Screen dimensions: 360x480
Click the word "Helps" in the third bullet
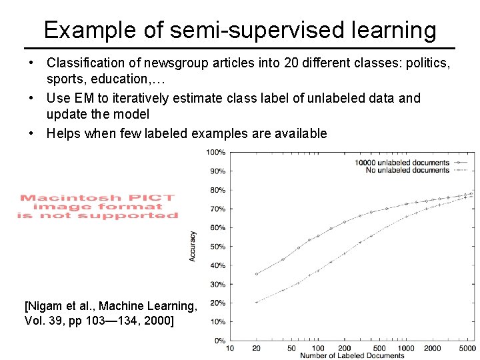[x=65, y=133]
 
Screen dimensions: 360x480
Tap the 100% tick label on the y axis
[x=217, y=152]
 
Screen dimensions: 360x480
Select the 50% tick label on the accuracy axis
[x=218, y=247]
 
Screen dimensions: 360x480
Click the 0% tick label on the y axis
[x=220, y=341]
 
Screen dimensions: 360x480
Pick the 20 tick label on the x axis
[x=256, y=348]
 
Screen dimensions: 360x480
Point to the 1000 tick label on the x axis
[x=406, y=348]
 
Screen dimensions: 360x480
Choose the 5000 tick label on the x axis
[x=467, y=348]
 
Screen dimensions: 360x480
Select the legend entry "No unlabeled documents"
[x=407, y=170]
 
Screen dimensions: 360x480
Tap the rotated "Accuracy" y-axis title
[x=193, y=246]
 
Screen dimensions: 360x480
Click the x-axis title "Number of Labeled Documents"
[x=352, y=355]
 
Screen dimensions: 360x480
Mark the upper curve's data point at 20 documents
[x=257, y=273]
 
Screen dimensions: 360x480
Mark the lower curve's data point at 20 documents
[x=257, y=302]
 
